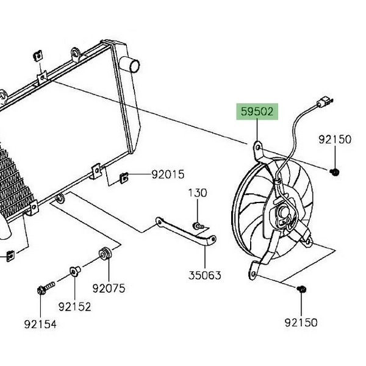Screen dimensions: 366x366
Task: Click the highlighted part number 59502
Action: [257, 112]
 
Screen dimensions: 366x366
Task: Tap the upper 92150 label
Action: [335, 140]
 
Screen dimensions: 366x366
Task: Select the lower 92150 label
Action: [301, 322]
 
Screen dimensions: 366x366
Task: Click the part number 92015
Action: [168, 175]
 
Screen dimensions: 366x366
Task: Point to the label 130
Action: [197, 193]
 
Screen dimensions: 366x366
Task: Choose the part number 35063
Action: [204, 275]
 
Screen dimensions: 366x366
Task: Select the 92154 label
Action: [40, 325]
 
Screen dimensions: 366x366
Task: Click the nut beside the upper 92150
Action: [335, 173]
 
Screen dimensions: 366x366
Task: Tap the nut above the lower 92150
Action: [301, 290]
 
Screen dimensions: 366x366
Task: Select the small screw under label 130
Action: [198, 225]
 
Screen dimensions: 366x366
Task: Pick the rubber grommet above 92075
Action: [104, 253]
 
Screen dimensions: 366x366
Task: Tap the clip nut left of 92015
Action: [123, 178]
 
